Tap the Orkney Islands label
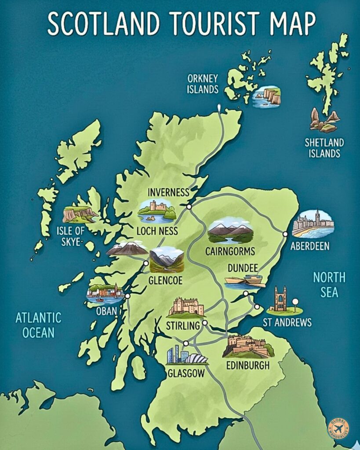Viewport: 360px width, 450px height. pyautogui.click(x=203, y=84)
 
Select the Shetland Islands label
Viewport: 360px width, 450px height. pyautogui.click(x=324, y=148)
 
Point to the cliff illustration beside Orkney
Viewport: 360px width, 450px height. pyautogui.click(x=267, y=95)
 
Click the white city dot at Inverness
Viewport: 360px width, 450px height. pyautogui.click(x=189, y=207)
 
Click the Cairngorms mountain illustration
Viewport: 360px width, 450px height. pyautogui.click(x=230, y=231)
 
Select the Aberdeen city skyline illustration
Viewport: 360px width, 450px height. pyautogui.click(x=313, y=224)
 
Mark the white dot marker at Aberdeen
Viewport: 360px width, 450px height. pyautogui.click(x=285, y=234)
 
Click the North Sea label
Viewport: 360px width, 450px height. pyautogui.click(x=329, y=285)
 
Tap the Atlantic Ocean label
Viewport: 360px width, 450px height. pyautogui.click(x=38, y=325)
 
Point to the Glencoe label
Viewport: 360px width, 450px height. pyautogui.click(x=165, y=280)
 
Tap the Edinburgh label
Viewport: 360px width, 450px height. pyautogui.click(x=247, y=365)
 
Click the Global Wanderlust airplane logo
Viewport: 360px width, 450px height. pyautogui.click(x=339, y=428)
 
